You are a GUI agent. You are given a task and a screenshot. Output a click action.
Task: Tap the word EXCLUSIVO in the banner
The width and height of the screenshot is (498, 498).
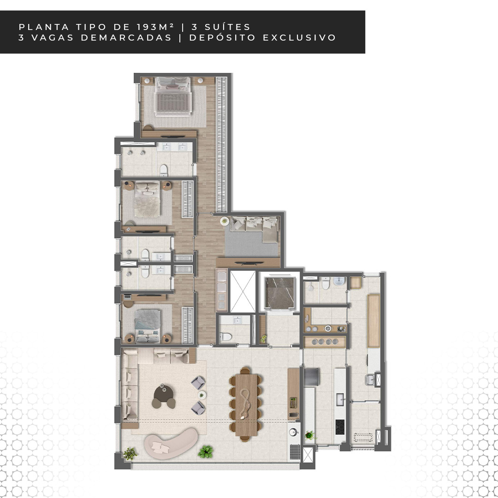[x=299, y=37]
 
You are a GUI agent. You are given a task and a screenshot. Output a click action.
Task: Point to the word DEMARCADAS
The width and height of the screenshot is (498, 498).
[x=126, y=37]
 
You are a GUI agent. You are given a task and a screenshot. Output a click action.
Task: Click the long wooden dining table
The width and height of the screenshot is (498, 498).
[x=246, y=405]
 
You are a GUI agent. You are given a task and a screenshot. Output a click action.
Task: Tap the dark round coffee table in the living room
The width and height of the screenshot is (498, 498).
[x=164, y=393]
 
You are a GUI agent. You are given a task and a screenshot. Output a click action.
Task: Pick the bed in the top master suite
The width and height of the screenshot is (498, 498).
[x=173, y=96]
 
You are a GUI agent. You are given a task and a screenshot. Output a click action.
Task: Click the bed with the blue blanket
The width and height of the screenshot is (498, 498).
[x=147, y=326]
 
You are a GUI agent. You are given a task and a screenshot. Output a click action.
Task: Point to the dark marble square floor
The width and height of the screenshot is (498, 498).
[x=280, y=293]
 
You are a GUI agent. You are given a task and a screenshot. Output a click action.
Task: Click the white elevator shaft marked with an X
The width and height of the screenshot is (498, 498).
[x=243, y=291]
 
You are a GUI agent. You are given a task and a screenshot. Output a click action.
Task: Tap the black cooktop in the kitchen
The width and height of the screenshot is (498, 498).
[x=340, y=427]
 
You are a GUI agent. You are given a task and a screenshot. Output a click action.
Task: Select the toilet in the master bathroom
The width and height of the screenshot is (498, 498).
[x=164, y=170]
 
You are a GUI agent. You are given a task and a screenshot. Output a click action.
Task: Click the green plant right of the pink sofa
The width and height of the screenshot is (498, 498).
[x=206, y=451]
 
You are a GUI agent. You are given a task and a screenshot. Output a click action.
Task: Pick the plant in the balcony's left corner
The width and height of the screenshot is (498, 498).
[x=130, y=454]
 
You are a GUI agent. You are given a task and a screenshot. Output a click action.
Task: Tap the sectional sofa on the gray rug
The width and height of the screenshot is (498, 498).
[x=255, y=228]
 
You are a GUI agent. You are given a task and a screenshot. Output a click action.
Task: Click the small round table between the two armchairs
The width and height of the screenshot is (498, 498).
[x=202, y=395]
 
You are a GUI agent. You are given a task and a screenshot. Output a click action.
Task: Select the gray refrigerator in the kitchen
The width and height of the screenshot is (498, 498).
[x=312, y=377]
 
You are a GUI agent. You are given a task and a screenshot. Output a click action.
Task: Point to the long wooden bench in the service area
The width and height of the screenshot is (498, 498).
[x=374, y=320]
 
